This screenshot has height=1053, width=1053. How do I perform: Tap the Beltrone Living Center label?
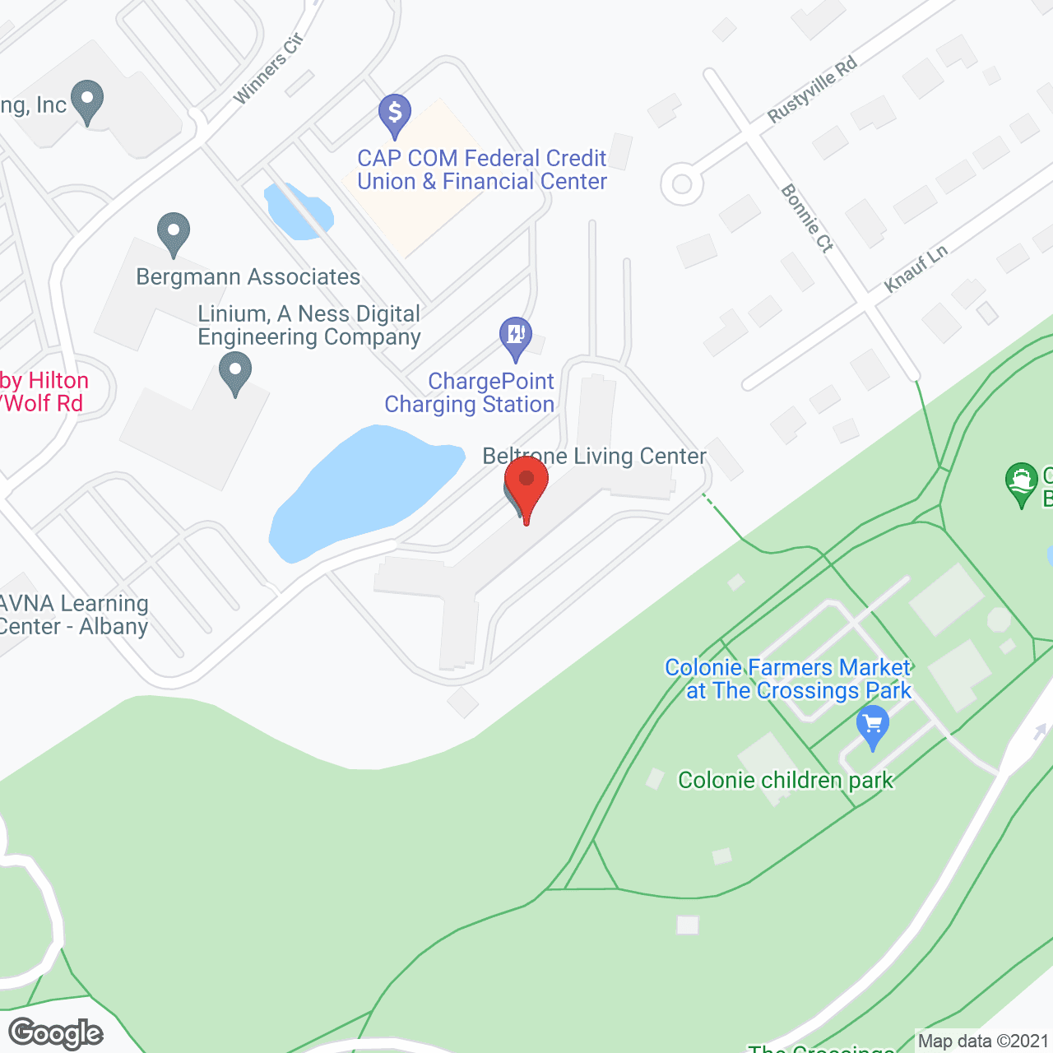coord(594,456)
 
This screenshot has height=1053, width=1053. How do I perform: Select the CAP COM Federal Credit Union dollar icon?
coord(395,114)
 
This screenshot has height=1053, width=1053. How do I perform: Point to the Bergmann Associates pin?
coord(173,233)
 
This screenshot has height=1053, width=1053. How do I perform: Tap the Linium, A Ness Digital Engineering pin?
coord(235,372)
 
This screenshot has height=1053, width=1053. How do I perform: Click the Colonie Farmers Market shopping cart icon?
coord(873,728)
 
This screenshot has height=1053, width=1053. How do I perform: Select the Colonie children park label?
coord(785,780)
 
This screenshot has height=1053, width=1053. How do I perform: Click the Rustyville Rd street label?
coord(812,90)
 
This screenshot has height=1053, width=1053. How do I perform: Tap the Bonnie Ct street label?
coord(807,218)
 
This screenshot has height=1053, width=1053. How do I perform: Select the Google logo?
coord(56,1033)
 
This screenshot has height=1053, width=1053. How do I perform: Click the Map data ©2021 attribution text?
coord(983,1041)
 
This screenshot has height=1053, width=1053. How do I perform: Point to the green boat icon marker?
coord(1022,483)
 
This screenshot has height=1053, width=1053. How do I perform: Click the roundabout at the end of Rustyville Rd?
coord(682,183)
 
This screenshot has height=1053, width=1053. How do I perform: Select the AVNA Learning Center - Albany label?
coord(74,615)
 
